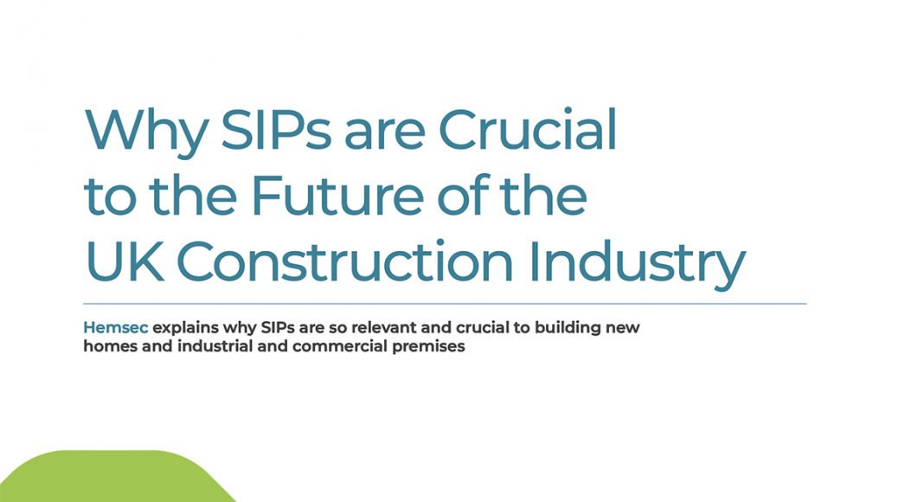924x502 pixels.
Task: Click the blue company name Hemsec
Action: (116, 327)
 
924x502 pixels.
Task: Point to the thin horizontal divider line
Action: (445, 304)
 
